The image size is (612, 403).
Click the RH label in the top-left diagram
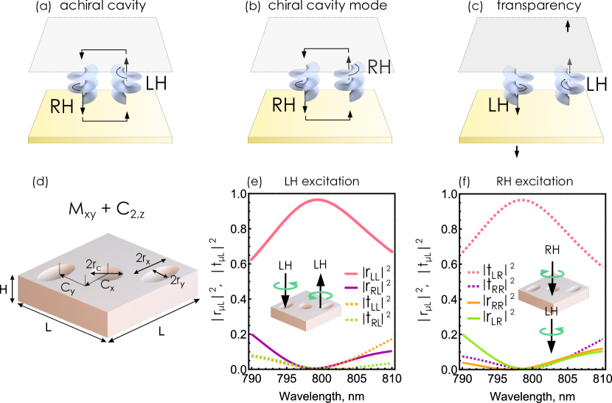(x=62, y=107)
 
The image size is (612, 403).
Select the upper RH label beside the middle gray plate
(x=379, y=67)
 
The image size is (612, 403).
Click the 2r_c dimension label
(x=94, y=264)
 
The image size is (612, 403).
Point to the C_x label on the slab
(x=108, y=285)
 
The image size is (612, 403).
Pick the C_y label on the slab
(x=69, y=289)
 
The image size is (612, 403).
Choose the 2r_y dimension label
(x=178, y=280)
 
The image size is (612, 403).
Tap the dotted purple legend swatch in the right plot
(x=473, y=286)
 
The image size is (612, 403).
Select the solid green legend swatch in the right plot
(x=473, y=319)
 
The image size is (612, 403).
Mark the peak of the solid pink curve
(x=318, y=199)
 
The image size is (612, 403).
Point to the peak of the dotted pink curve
(x=523, y=199)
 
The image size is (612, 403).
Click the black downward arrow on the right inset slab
(x=552, y=287)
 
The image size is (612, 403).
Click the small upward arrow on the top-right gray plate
(x=567, y=26)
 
